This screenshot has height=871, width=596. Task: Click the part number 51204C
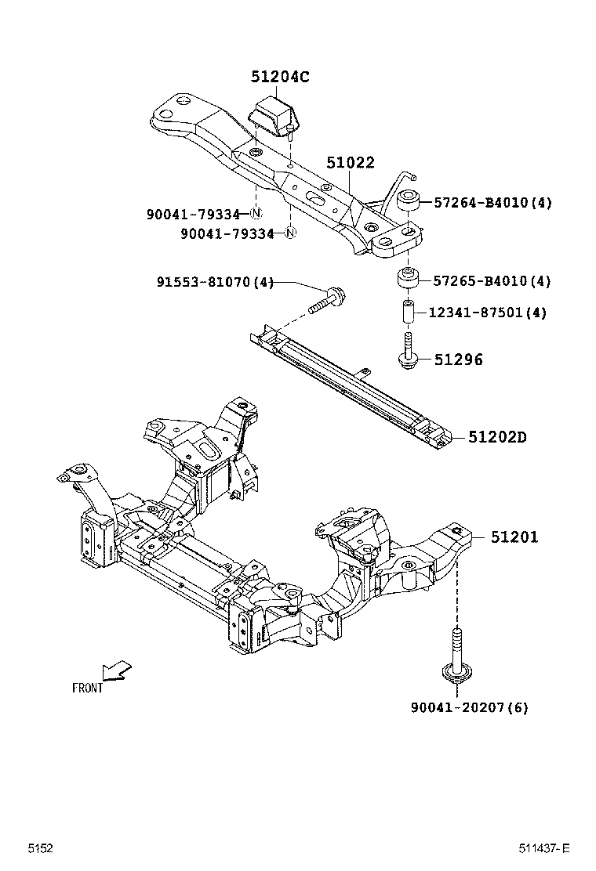point(280,77)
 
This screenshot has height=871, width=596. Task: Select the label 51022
point(351,163)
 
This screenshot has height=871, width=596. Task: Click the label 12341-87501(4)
point(487,313)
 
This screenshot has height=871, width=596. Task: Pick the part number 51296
point(458,360)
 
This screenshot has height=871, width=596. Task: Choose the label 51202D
point(497,437)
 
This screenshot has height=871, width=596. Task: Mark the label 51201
point(514,537)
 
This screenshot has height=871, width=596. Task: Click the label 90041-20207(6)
point(469,707)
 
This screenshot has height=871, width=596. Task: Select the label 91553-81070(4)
point(213,282)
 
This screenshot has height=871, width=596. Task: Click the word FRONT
point(87,688)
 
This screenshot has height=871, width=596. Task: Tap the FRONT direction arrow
point(116,670)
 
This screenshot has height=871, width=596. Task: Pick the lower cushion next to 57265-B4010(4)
point(407,279)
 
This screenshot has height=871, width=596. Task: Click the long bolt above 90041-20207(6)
point(455,652)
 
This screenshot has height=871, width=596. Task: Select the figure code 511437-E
point(543,848)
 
